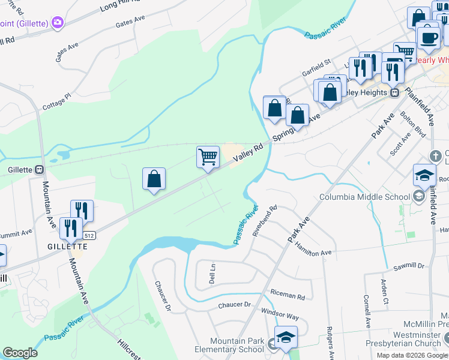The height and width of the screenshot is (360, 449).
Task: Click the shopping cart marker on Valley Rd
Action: pos(208,158)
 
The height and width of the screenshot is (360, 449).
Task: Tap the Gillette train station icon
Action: pos(40,170)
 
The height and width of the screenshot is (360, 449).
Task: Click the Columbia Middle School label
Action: pos(365,196)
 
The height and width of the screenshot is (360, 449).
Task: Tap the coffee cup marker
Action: pos(428,37)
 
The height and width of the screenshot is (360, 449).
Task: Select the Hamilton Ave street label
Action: pos(318,253)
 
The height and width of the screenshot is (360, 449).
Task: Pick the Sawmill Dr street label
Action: pos(409,265)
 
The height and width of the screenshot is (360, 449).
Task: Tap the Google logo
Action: pos(20,353)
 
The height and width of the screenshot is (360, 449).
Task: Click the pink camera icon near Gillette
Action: pos(58,23)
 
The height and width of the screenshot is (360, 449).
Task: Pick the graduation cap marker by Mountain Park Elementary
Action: pos(286,338)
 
